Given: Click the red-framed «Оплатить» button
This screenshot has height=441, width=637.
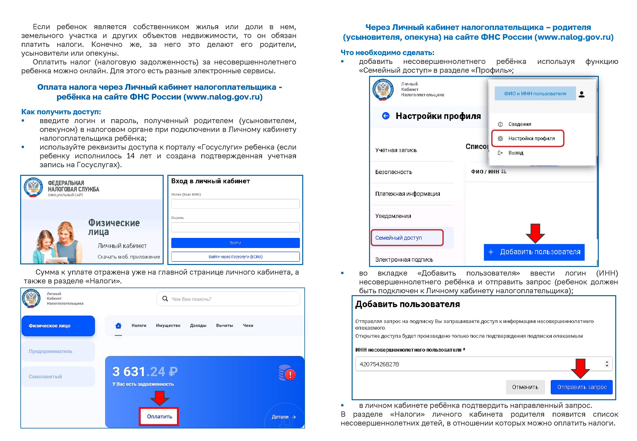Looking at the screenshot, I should tap(159, 416).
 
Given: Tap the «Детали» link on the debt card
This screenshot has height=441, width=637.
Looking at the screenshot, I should tap(283, 417).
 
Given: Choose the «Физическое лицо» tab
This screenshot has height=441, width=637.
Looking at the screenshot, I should tap(58, 326).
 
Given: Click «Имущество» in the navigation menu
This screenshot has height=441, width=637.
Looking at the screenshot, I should tap(168, 326).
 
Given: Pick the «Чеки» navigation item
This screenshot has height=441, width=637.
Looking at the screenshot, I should tap(248, 326).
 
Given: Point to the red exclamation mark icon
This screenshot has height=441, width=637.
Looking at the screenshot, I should tap(290, 375).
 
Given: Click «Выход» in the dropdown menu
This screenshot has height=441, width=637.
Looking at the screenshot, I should tap(515, 153).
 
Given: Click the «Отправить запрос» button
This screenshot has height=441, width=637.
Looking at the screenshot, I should tap(582, 387).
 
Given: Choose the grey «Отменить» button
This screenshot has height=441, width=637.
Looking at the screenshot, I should tap(525, 387).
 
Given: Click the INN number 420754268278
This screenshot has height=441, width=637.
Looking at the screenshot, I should tap(379, 364).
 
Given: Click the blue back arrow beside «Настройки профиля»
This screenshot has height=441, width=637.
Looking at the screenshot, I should tap(386, 116).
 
